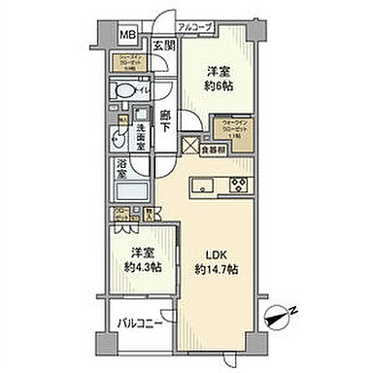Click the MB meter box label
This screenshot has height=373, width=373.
(x=127, y=37)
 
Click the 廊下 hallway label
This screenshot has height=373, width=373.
(x=167, y=119)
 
